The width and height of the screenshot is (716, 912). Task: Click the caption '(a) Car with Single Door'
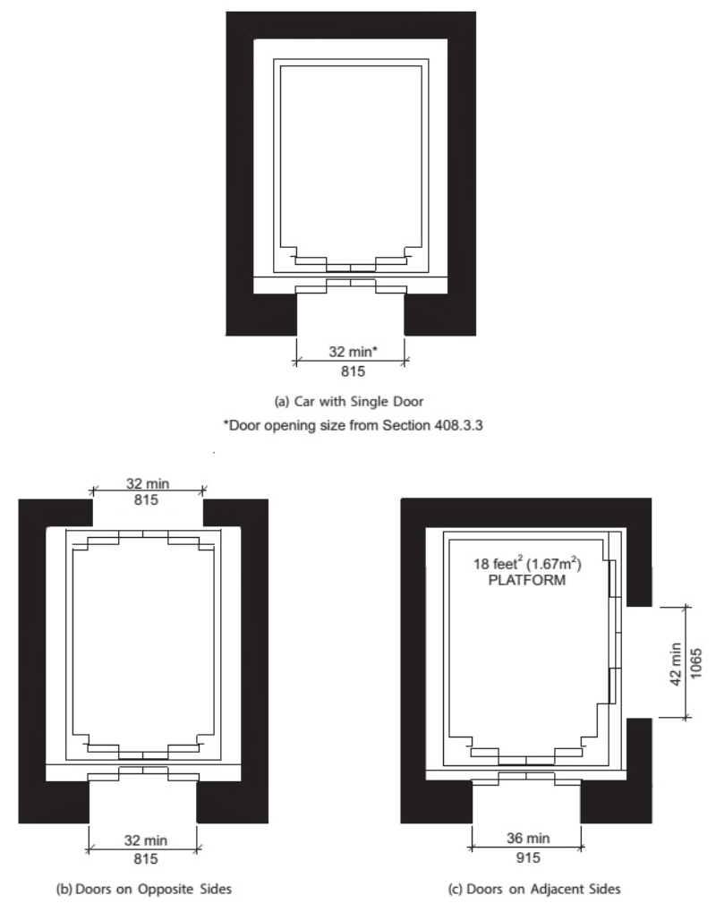click(x=349, y=401)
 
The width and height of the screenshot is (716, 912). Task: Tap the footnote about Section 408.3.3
click(x=353, y=425)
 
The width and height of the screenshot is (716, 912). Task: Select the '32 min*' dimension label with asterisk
click(x=353, y=352)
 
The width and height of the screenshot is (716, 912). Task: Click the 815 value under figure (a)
click(x=353, y=371)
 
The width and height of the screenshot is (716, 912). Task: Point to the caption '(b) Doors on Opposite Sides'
click(x=144, y=890)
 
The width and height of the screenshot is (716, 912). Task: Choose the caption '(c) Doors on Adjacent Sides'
click(x=534, y=890)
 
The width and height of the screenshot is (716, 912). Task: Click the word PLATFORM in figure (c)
click(x=527, y=580)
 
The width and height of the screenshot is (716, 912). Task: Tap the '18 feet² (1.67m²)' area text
click(x=527, y=564)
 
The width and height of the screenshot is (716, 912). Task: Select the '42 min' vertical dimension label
click(x=676, y=664)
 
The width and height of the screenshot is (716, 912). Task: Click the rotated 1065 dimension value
click(x=696, y=663)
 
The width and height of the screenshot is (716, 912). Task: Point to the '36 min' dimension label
click(x=527, y=838)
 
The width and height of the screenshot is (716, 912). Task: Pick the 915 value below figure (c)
click(x=527, y=857)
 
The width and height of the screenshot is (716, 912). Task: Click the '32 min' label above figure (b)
click(x=148, y=483)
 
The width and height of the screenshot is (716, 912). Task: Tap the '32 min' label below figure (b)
click(x=145, y=840)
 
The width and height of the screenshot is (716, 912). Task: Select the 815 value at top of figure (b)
click(x=146, y=499)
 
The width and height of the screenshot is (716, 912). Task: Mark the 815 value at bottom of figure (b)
click(x=145, y=859)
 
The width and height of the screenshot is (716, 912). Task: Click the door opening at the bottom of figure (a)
click(x=351, y=315)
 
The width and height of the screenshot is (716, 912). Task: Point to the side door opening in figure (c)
click(x=639, y=662)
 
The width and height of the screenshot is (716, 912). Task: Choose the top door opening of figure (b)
click(x=148, y=513)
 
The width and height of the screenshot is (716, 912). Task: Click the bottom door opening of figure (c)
click(x=526, y=802)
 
